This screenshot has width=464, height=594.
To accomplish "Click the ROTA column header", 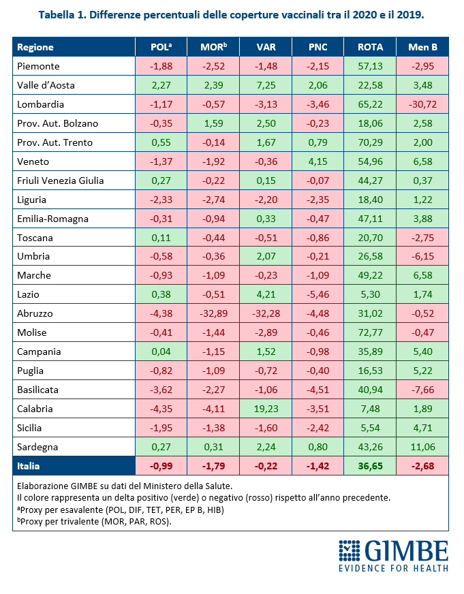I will tap(370, 47).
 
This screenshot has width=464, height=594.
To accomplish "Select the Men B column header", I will tap(422, 47).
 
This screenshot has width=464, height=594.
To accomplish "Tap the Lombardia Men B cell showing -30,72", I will tap(422, 104).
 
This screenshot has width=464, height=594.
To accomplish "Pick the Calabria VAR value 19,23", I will tap(266, 409).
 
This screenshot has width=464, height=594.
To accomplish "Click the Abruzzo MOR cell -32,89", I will tap(213, 314).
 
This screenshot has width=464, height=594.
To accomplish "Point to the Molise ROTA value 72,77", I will tap(370, 333).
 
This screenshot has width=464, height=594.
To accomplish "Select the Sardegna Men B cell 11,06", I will tap(422, 447).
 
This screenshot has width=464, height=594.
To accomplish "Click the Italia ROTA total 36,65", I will tap(370, 466).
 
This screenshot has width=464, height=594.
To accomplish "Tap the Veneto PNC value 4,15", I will tap(318, 161).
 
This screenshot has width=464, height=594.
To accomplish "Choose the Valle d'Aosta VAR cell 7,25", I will tap(266, 85).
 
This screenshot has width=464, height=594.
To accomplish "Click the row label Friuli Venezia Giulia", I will tap(61, 181).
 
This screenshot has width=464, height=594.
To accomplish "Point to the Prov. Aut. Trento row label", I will tap(55, 142).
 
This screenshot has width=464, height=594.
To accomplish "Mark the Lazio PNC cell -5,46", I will tap(318, 295).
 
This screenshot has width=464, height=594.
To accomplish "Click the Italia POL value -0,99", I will tap(161, 466).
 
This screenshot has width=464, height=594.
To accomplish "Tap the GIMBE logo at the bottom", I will tap(393, 554).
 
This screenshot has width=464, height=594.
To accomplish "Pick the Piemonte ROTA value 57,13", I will tap(370, 66).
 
